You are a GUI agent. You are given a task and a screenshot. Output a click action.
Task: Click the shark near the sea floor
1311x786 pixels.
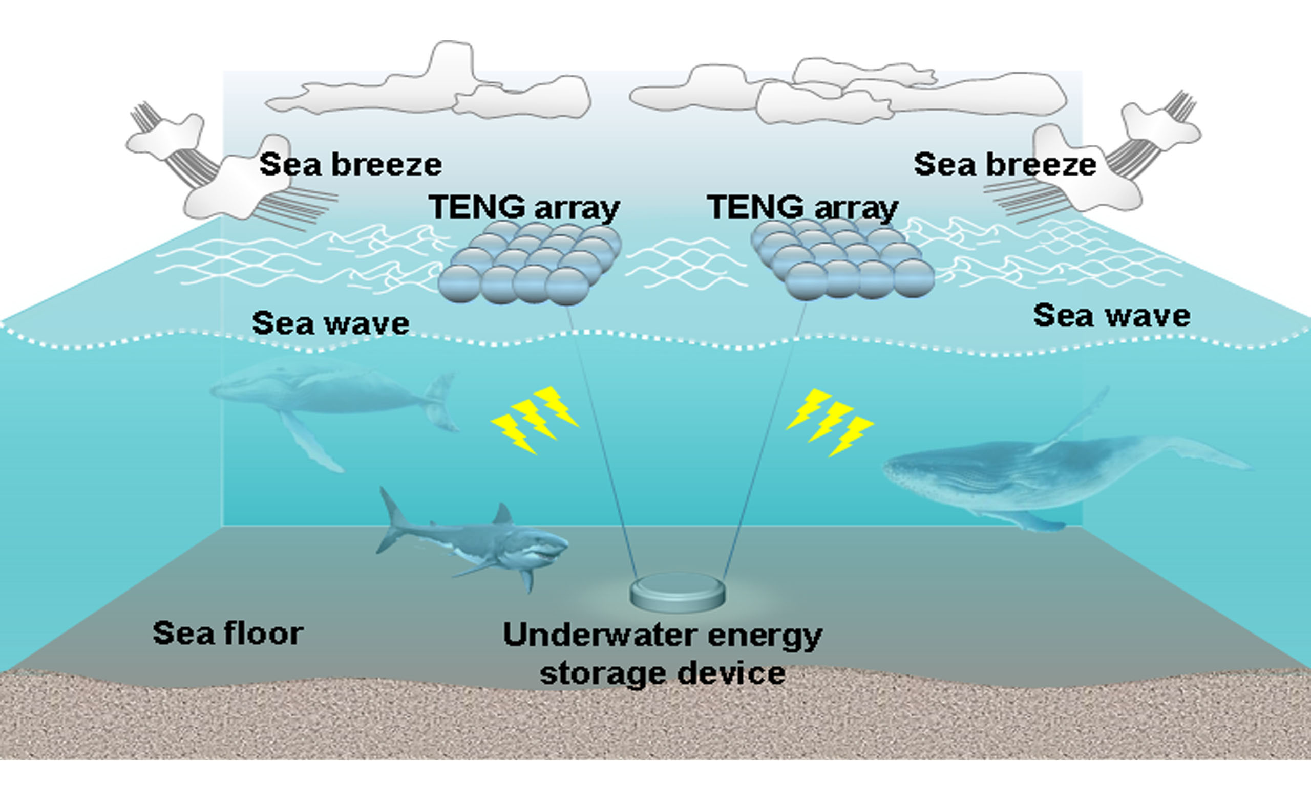coord(477,545)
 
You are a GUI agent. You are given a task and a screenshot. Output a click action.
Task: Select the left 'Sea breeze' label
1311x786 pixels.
coord(350,164)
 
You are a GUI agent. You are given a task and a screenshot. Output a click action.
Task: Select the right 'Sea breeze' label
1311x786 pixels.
coord(1005,164)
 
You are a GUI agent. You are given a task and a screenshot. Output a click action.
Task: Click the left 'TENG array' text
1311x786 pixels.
coord(524,207)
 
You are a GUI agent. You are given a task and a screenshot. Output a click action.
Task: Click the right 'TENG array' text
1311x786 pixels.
coord(802,207)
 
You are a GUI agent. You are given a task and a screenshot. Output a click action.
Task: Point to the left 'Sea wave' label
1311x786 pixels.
coord(331,323)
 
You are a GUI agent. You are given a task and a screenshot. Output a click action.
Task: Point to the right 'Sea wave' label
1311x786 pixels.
coord(1112,316)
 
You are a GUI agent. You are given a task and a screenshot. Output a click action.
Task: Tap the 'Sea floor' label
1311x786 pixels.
coord(228,632)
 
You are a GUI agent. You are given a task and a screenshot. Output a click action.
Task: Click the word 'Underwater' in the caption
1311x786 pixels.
coord(599,635)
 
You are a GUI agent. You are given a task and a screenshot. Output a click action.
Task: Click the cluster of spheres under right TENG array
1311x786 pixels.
coord(842,259)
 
